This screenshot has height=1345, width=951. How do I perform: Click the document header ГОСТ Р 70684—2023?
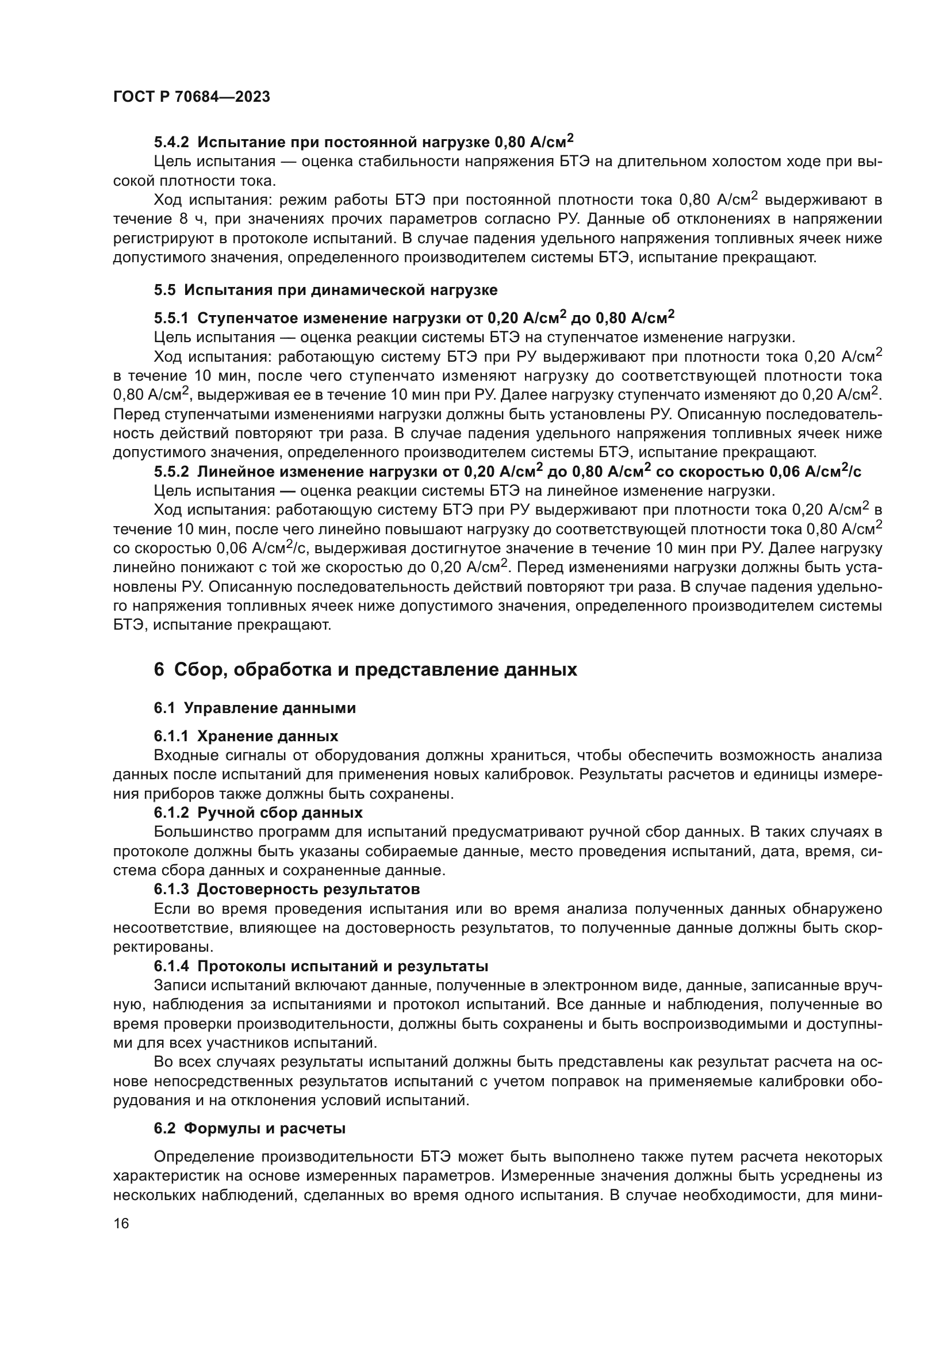(191, 97)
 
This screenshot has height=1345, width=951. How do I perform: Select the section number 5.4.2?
(171, 143)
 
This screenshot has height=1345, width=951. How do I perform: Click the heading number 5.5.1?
(171, 318)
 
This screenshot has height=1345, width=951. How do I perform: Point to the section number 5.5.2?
(171, 472)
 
